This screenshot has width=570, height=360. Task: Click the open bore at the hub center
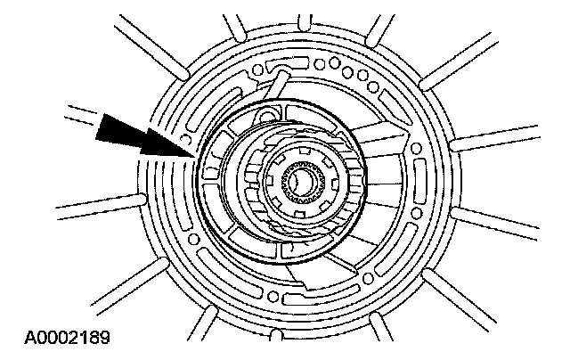[x=301, y=184]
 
